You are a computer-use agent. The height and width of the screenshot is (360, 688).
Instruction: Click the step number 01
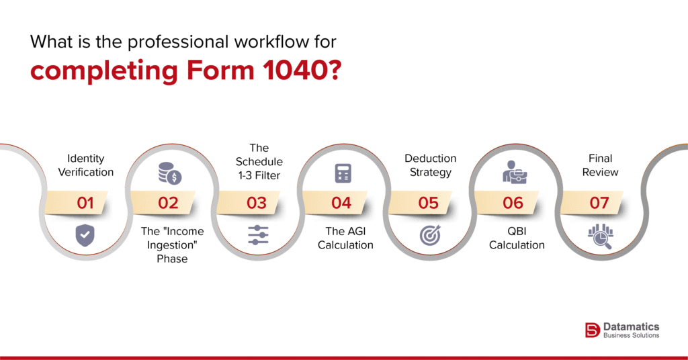[85, 202]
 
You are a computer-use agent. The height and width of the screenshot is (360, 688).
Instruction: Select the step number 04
[341, 202]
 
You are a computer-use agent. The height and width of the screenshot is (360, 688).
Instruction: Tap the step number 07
[599, 202]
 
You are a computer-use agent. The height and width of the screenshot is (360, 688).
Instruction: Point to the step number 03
[257, 202]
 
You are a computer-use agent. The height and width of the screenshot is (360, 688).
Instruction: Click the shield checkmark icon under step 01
[85, 235]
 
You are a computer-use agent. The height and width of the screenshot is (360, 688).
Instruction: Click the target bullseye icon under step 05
[429, 235]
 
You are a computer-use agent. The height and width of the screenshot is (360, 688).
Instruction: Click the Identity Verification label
[86, 165]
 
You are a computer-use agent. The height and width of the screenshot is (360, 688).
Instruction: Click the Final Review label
[600, 165]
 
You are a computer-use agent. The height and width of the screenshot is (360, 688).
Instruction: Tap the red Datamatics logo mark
[592, 329]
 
